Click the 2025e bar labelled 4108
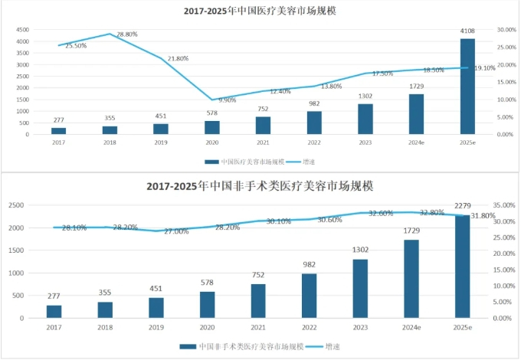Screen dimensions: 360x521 [467, 87]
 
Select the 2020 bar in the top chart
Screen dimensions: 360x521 [212, 128]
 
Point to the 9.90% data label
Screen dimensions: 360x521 [228, 100]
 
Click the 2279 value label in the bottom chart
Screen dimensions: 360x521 [463, 205]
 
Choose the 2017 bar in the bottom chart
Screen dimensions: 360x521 [54, 312]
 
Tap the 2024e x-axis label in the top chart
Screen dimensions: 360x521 [416, 142]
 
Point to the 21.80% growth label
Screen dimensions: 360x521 [178, 58]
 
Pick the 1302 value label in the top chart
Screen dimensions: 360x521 [365, 97]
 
